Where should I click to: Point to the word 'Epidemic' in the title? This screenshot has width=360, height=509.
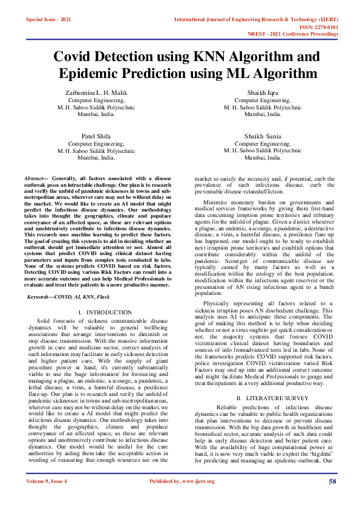pyautogui.click(x=106, y=74)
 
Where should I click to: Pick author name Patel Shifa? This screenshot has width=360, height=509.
pyautogui.click(x=96, y=137)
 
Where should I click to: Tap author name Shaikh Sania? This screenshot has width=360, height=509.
pyautogui.click(x=263, y=137)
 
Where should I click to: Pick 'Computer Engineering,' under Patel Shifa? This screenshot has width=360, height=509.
pyautogui.click(x=96, y=144)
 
